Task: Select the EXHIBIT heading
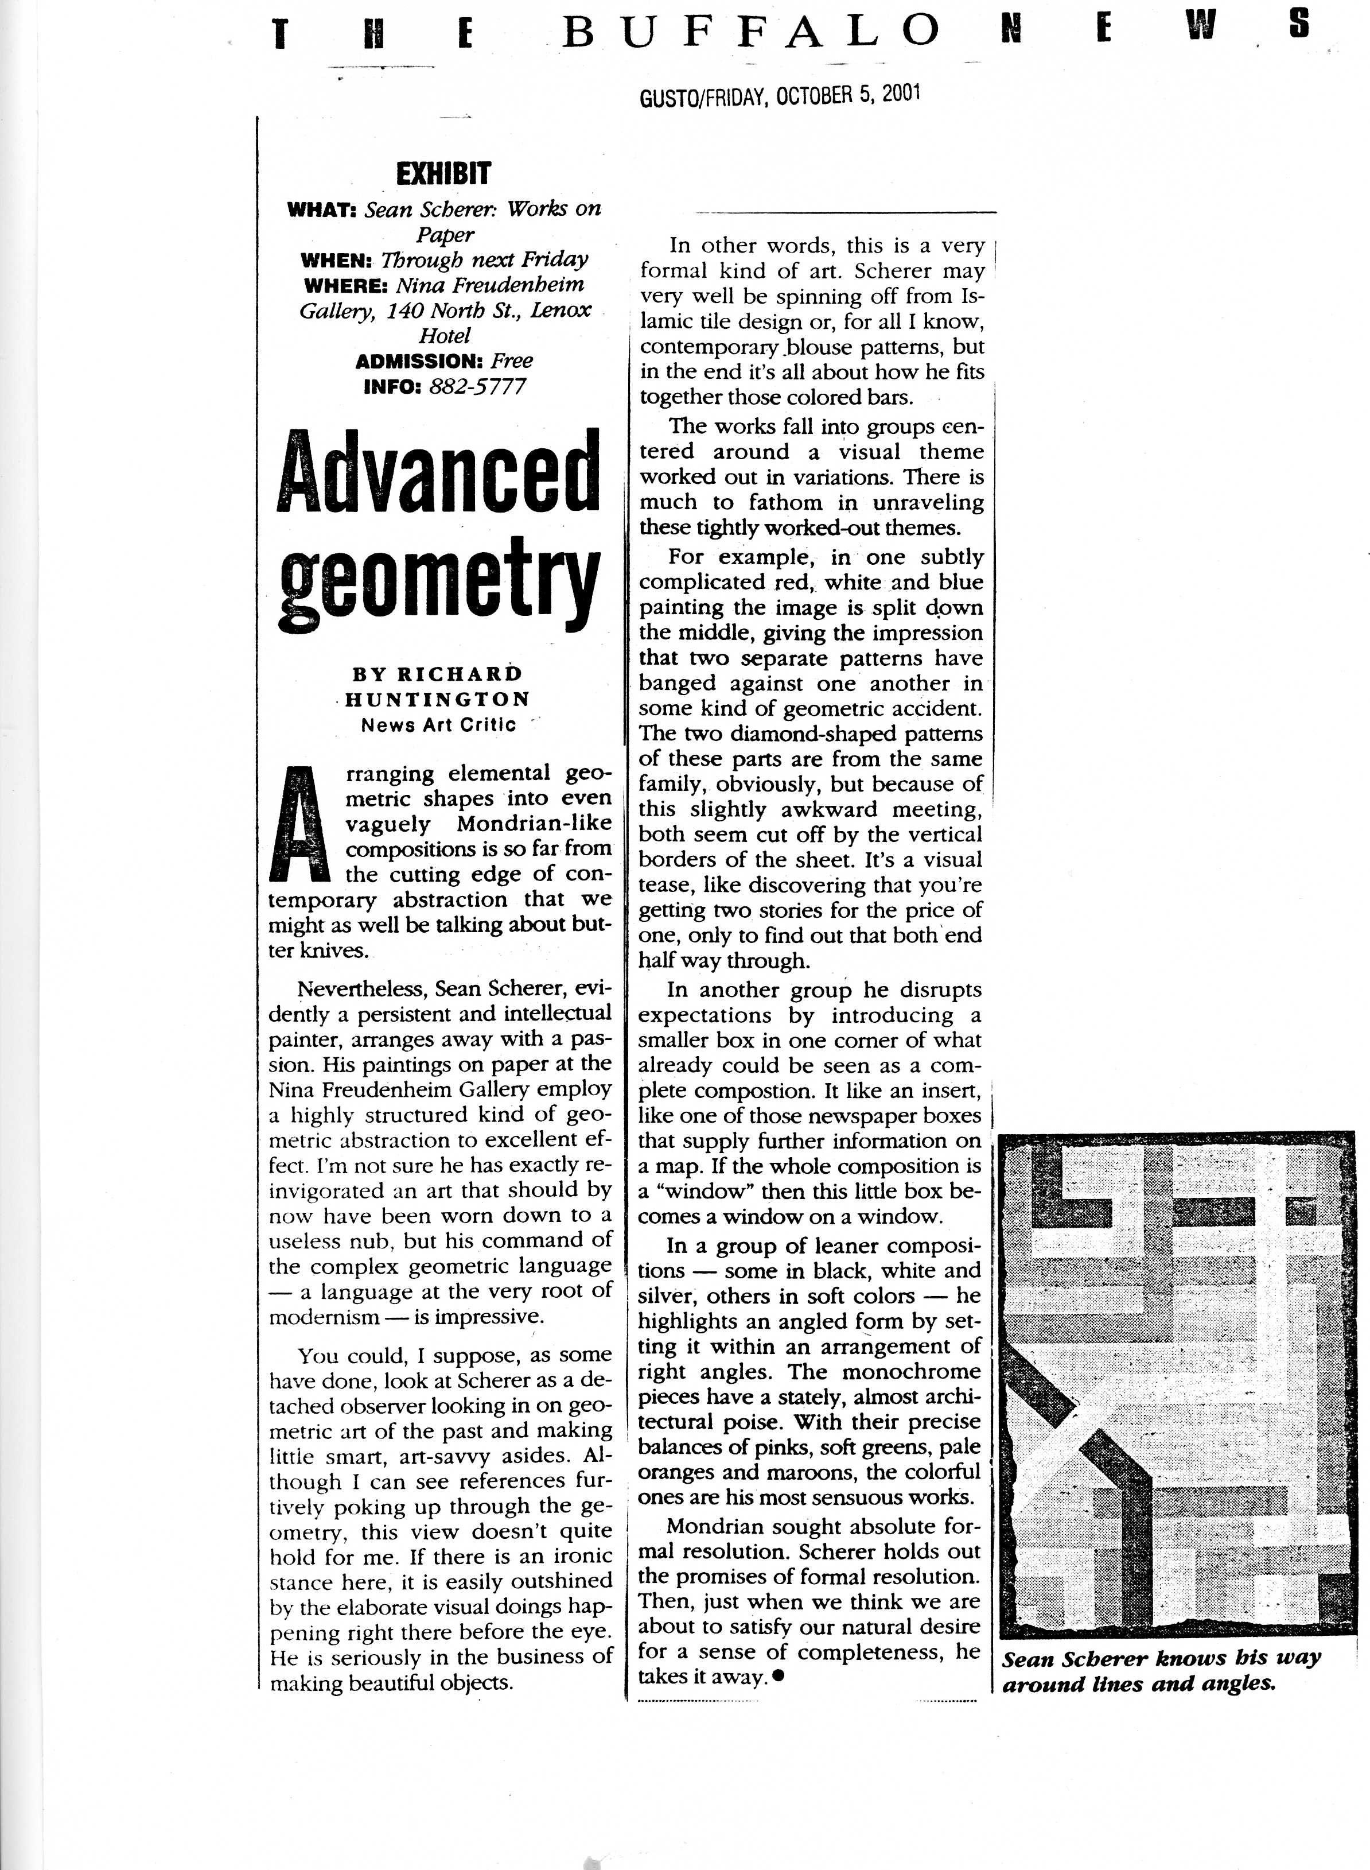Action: (x=443, y=173)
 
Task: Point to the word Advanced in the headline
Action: (x=438, y=475)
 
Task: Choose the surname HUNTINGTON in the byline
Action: (x=437, y=699)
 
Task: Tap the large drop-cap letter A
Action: (x=301, y=824)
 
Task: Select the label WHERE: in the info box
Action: (x=346, y=285)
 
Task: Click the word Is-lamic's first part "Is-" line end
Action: (x=973, y=296)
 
